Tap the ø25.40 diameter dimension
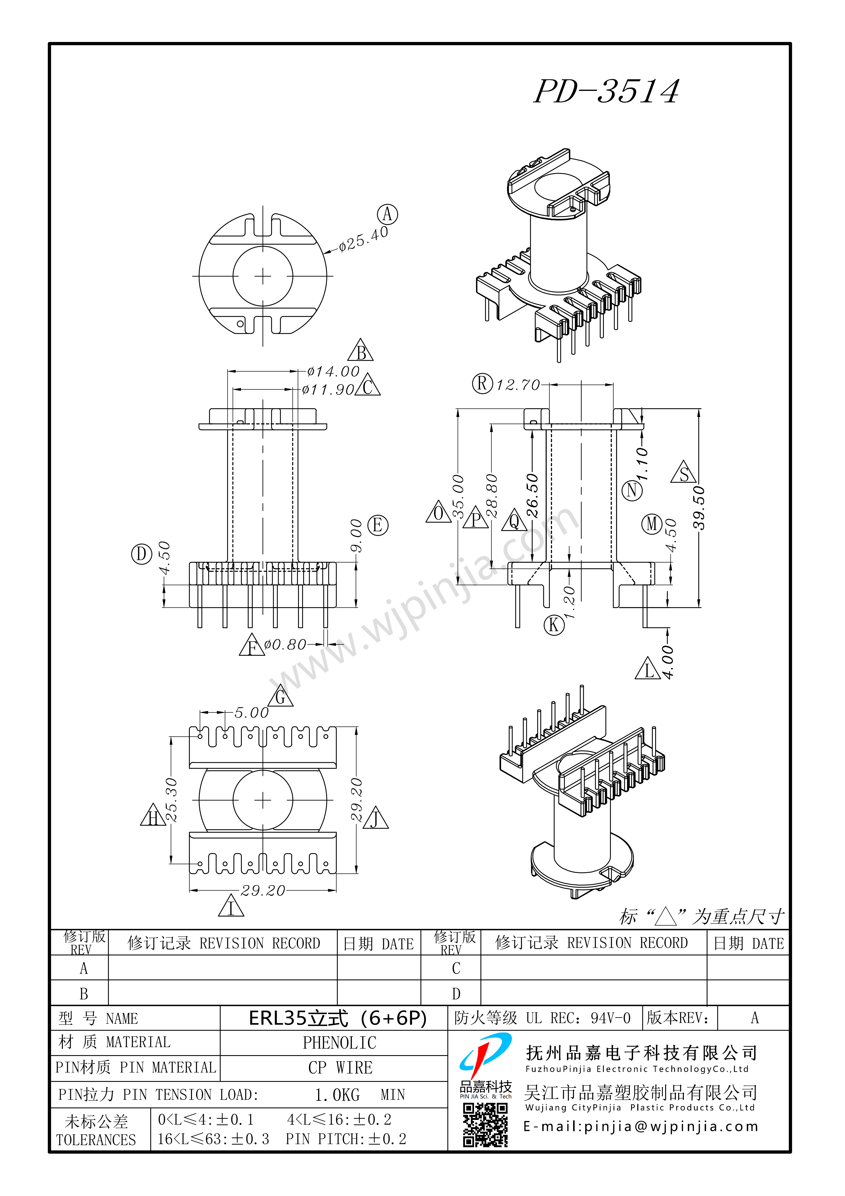[364, 239]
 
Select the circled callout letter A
[387, 214]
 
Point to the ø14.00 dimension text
[333, 371]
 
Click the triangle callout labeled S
[684, 472]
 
